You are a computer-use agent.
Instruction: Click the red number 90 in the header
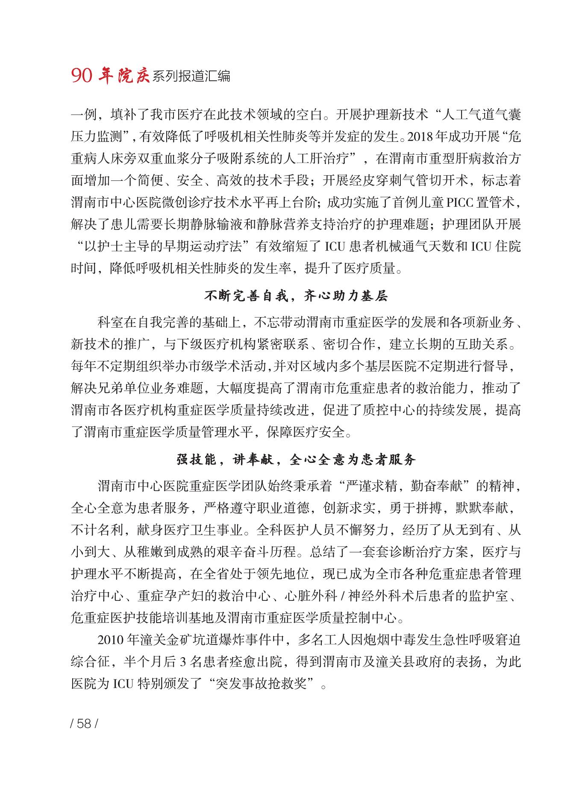click(81, 76)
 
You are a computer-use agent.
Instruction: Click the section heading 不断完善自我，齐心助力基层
click(296, 296)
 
